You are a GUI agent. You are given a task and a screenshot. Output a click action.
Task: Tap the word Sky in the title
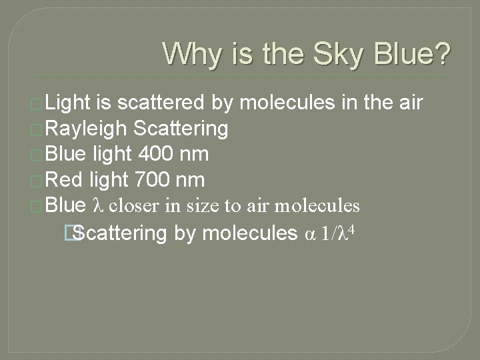coord(337,54)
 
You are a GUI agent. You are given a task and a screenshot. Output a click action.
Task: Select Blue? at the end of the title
coord(411,54)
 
